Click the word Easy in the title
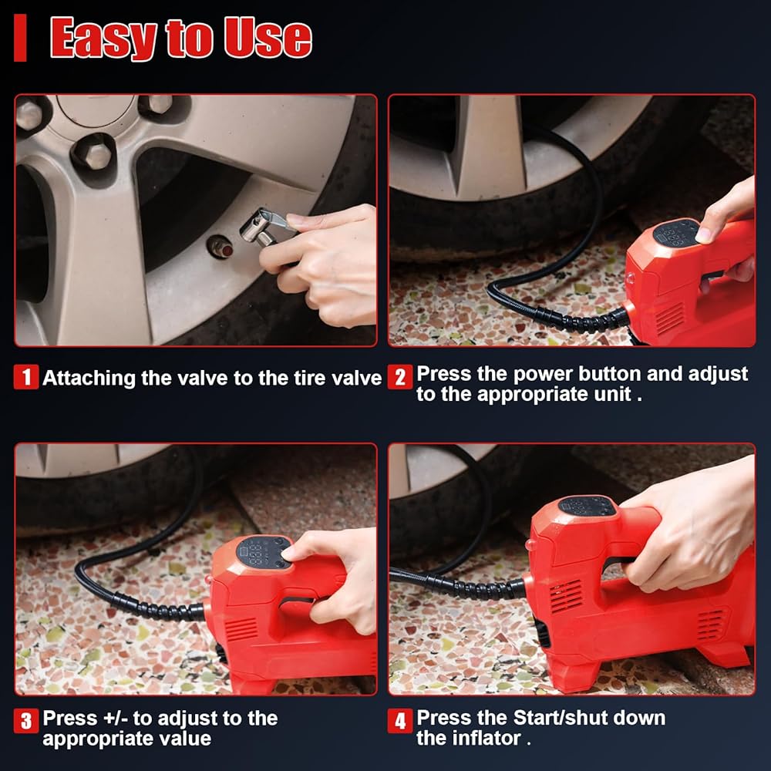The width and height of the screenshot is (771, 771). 103,38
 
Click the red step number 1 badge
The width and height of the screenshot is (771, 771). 26,377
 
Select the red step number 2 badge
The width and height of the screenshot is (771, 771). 399,377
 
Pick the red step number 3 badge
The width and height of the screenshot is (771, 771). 26,721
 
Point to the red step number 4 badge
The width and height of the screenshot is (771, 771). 399,721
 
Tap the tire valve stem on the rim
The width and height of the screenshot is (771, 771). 221,247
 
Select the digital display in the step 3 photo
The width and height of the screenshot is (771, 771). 264,552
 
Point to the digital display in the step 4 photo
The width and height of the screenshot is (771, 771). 587,506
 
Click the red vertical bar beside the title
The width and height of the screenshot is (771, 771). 20,38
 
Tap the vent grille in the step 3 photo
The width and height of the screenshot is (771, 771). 241,629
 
